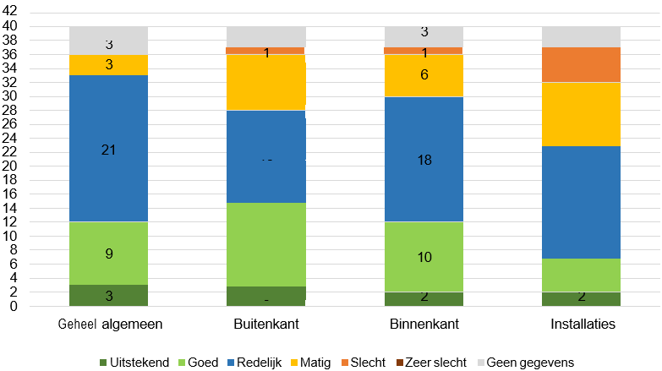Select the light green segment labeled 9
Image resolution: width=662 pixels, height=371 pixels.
108,254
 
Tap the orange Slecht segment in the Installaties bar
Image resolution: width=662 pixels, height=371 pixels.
581,64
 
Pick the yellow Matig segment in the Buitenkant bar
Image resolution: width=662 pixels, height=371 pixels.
265,82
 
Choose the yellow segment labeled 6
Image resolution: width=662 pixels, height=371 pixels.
424,75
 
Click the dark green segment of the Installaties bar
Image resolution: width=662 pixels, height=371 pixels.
581,299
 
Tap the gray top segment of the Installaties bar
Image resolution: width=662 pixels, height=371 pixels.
581,36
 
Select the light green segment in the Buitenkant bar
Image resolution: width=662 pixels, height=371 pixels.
265,244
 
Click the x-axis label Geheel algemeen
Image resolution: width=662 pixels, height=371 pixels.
108,323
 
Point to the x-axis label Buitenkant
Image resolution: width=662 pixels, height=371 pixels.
265,323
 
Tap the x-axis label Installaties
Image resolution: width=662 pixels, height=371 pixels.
581,323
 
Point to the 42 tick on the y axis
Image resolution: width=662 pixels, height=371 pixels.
13,12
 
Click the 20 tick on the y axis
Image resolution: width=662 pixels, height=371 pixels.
13,166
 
